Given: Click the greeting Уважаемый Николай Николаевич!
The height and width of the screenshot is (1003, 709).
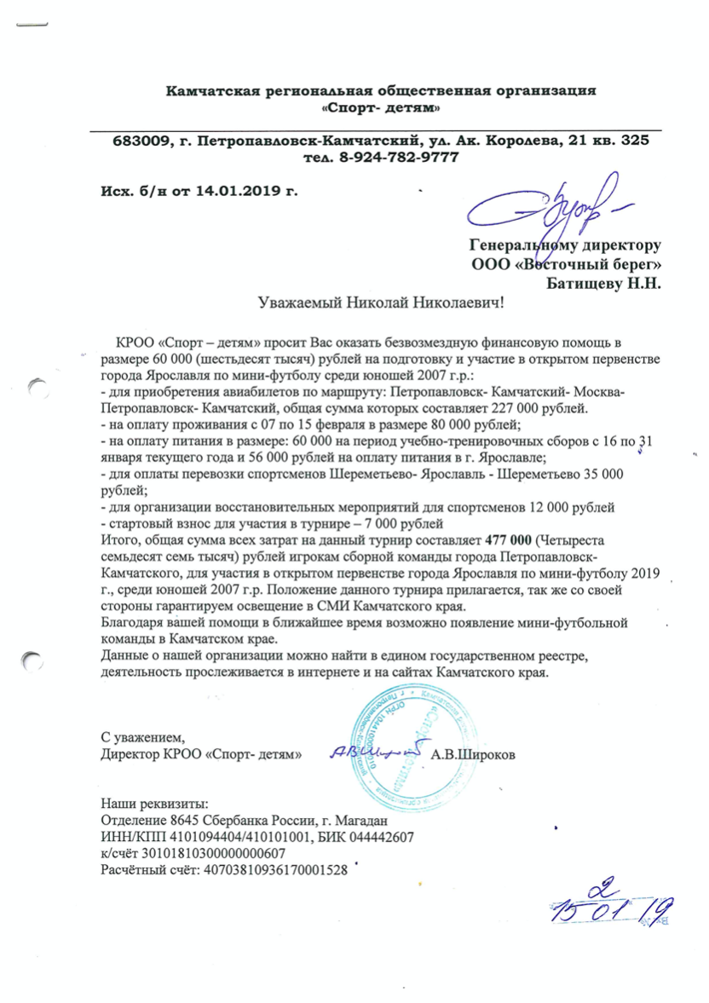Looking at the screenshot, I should (381, 301).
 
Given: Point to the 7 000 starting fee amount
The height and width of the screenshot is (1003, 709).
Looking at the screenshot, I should (400, 522).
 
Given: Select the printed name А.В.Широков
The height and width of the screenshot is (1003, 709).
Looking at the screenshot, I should (473, 754).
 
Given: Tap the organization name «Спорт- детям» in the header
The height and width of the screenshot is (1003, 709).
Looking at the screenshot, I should (380, 108).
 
